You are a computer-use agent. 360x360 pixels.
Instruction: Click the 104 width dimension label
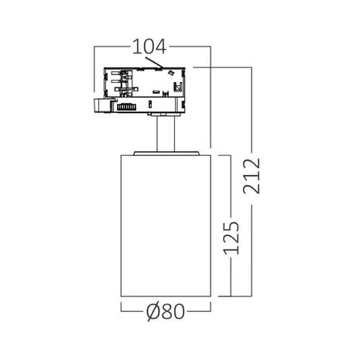pyautogui.click(x=149, y=46)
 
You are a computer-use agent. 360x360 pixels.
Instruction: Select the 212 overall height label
pyautogui.click(x=251, y=176)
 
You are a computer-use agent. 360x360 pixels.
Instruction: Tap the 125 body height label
pyautogui.click(x=231, y=238)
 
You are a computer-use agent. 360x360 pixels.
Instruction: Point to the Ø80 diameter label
pyautogui.click(x=166, y=311)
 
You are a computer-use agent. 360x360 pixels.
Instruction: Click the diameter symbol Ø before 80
pyautogui.click(x=153, y=311)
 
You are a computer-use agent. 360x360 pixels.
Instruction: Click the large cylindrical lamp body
pyautogui.click(x=166, y=225)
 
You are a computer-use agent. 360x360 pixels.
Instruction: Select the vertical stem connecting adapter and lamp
pyautogui.click(x=166, y=134)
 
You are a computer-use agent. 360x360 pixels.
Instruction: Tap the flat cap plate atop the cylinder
pyautogui.click(x=166, y=153)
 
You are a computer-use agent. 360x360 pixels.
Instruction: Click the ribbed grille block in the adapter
pyautogui.click(x=126, y=107)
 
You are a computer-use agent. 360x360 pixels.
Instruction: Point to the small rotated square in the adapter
pyautogui.click(x=170, y=73)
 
